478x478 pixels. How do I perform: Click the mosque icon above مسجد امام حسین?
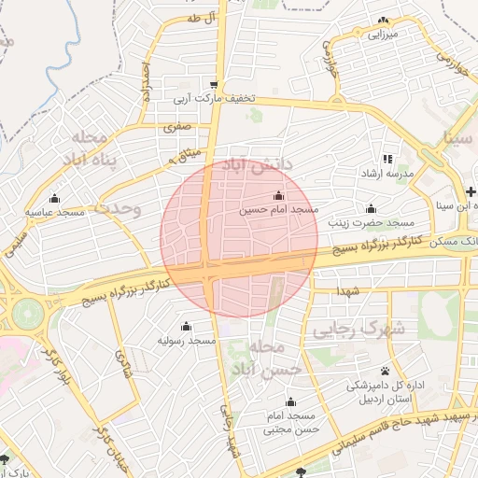click(277, 195)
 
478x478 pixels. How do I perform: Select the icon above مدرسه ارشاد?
click(387, 159)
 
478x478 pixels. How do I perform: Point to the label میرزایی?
click(382, 35)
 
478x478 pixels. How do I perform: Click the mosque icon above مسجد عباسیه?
click(54, 197)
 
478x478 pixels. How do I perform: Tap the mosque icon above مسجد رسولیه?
click(185, 326)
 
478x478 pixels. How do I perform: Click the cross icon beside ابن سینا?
click(471, 191)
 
